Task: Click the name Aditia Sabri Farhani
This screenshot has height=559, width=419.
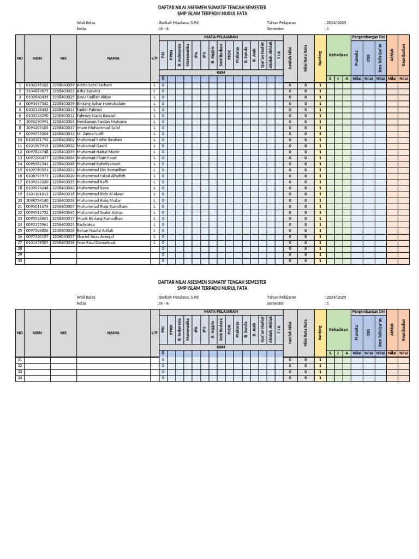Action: pyautogui.click(x=94, y=86)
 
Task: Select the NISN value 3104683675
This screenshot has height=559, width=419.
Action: pyautogui.click(x=37, y=92)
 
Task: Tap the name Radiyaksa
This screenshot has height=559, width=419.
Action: pyautogui.click(x=86, y=224)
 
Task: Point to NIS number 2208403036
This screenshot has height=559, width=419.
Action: pyautogui.click(x=63, y=242)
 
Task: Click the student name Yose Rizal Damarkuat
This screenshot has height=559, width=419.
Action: pyautogui.click(x=96, y=242)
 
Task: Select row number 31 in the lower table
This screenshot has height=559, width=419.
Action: pyautogui.click(x=20, y=360)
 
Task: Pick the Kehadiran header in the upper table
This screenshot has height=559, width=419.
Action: pyautogui.click(x=338, y=55)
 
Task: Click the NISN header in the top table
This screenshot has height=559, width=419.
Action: pyautogui.click(x=37, y=57)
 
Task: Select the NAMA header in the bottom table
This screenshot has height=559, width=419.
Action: pyautogui.click(x=113, y=332)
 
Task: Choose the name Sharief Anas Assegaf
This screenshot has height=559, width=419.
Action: pyautogui.click(x=95, y=236)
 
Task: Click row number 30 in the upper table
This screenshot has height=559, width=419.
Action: pyautogui.click(x=20, y=260)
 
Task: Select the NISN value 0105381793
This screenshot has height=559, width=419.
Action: pyautogui.click(x=37, y=140)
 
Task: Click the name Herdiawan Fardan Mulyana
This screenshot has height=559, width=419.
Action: pyautogui.click(x=101, y=122)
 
